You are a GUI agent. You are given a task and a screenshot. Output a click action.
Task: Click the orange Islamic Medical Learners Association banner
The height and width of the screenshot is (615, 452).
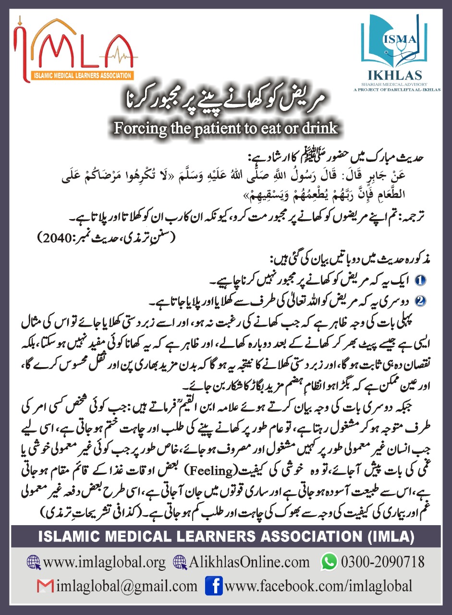pos(83,75)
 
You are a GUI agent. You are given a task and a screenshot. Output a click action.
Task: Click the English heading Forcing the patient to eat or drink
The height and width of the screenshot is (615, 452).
pos(226,128)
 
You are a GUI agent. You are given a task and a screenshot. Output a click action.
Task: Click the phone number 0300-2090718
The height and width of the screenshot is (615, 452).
pos(382,562)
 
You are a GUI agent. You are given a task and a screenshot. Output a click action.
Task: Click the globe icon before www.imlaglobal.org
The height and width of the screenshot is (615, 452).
pos(33,562)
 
